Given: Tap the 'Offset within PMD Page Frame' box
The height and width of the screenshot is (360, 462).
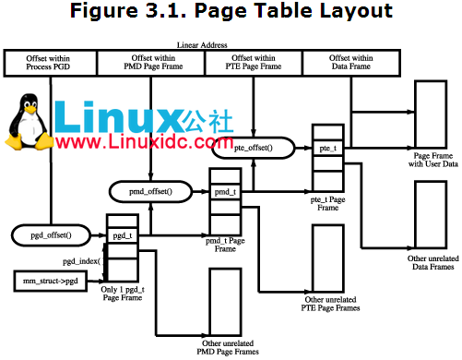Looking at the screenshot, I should (x=153, y=63).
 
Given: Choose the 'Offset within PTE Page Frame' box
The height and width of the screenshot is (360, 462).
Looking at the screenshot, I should (x=254, y=63).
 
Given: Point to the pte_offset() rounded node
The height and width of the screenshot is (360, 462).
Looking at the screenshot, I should (x=261, y=147).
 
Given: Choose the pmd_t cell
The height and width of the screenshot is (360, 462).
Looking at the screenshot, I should (x=225, y=192).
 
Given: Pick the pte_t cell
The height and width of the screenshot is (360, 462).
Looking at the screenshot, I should (x=327, y=148).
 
